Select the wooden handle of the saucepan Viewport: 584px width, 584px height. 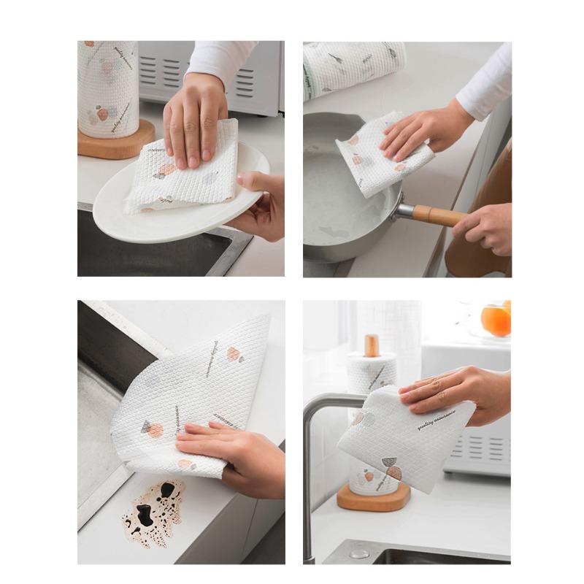438,215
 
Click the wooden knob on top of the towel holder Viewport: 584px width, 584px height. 372,345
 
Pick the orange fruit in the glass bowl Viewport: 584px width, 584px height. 496,320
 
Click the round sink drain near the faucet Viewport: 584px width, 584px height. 358,553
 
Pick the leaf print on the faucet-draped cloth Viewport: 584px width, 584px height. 392,467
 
